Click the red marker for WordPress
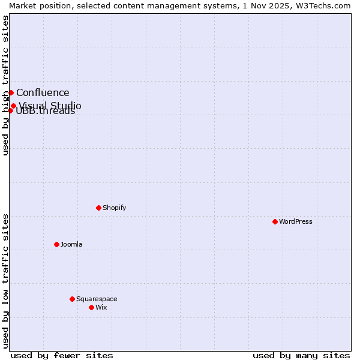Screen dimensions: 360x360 click(x=275, y=221)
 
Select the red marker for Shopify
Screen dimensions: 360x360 click(x=98, y=208)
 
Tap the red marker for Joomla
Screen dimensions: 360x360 click(x=56, y=244)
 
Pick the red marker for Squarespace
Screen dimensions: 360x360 click(x=72, y=299)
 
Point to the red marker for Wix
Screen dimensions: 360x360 click(x=91, y=307)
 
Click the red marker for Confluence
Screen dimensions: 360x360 click(x=11, y=92)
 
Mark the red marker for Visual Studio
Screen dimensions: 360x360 click(x=13, y=106)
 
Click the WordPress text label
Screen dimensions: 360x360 click(x=296, y=221)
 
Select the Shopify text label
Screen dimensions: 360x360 click(x=114, y=208)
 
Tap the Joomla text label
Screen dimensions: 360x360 click(x=71, y=244)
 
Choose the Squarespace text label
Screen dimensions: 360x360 click(x=97, y=299)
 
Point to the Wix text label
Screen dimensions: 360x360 click(x=101, y=307)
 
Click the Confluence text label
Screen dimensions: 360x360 click(x=43, y=92)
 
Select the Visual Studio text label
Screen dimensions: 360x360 click(x=50, y=106)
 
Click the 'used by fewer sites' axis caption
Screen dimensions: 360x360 click(x=62, y=355)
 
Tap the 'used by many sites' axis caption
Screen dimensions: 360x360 click(x=301, y=355)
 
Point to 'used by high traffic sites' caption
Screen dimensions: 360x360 click(x=5, y=85)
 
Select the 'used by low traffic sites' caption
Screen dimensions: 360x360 click(x=5, y=281)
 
